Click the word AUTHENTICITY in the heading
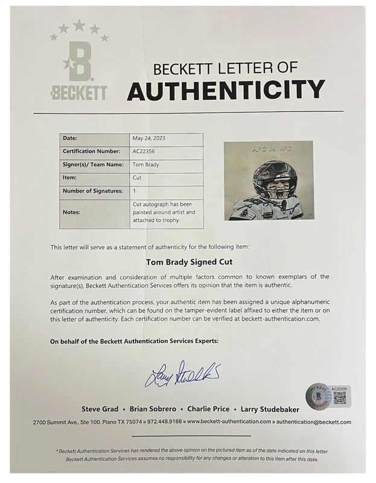(226, 90)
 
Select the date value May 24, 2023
(148, 138)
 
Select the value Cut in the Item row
(137, 177)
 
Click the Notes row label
(71, 212)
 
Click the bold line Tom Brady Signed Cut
(187, 263)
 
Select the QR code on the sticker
(339, 397)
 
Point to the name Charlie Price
(226, 409)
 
